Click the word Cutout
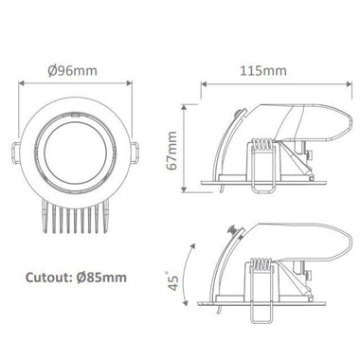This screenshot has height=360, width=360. [x=50, y=279]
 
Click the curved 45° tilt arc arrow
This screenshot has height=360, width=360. [x=192, y=275]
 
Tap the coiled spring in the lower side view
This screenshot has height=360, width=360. [x=262, y=269]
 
